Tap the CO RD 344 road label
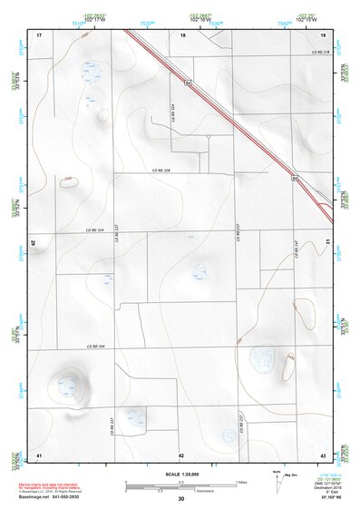tap(94, 346)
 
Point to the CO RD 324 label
tap(172, 112)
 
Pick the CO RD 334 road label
tap(95, 230)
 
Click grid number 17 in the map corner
tap(40, 34)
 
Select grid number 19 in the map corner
tap(322, 34)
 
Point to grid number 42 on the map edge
tap(181, 454)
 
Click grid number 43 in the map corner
tap(322, 454)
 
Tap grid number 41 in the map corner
tap(40, 454)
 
